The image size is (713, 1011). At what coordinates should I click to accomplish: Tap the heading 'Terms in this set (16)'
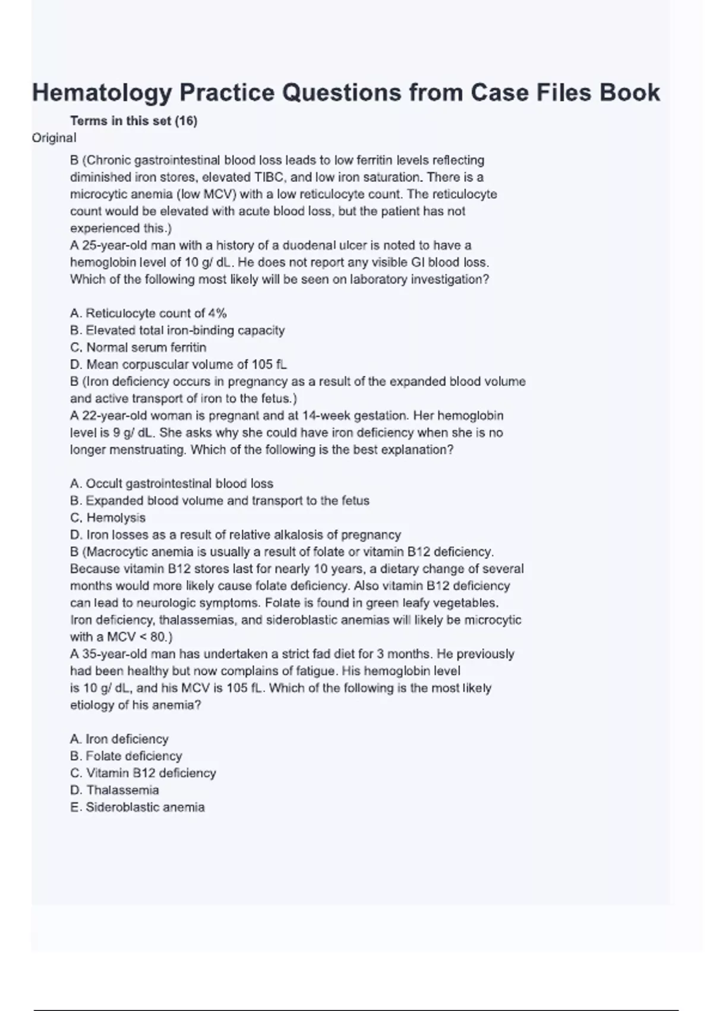click(134, 121)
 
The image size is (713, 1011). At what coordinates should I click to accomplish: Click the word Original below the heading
click(54, 138)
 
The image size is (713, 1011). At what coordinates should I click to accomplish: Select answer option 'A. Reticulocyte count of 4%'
click(149, 313)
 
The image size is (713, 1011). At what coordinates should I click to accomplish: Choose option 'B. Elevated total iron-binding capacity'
click(177, 330)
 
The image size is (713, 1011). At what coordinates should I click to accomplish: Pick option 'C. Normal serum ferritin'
click(138, 347)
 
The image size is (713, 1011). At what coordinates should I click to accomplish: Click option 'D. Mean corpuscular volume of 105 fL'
click(178, 365)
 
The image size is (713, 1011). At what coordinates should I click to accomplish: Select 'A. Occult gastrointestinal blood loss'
click(172, 483)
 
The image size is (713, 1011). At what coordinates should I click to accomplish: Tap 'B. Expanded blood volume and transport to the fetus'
click(220, 501)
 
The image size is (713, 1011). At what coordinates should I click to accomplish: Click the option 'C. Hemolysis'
click(108, 518)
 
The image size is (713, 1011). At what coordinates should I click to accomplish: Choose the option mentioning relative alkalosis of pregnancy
click(235, 535)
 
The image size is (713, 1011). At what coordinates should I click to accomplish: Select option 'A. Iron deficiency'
click(119, 739)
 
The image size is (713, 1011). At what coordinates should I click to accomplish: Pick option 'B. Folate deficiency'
click(126, 756)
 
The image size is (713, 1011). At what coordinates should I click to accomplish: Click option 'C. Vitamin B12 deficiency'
click(143, 773)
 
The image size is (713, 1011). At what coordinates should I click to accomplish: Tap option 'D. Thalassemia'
click(115, 790)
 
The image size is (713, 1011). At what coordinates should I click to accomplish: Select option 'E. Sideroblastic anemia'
click(137, 808)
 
